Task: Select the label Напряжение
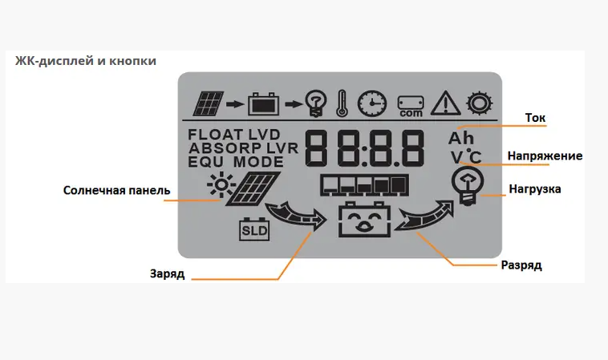[x=545, y=156]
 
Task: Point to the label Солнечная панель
[x=117, y=190]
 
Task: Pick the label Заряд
[x=167, y=273]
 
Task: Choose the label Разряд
[x=521, y=264]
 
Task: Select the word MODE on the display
[x=259, y=162]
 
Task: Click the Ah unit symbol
[x=461, y=138]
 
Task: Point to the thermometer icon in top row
[x=341, y=103]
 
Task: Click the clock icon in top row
[x=371, y=103]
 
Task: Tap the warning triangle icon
[x=444, y=103]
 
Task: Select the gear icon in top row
[x=480, y=103]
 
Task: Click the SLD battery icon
[x=255, y=230]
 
